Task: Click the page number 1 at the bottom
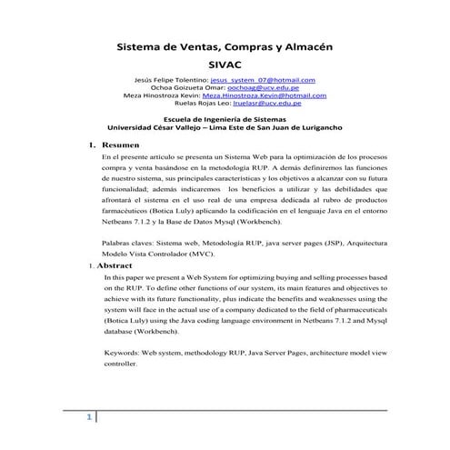pos(89,418)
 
